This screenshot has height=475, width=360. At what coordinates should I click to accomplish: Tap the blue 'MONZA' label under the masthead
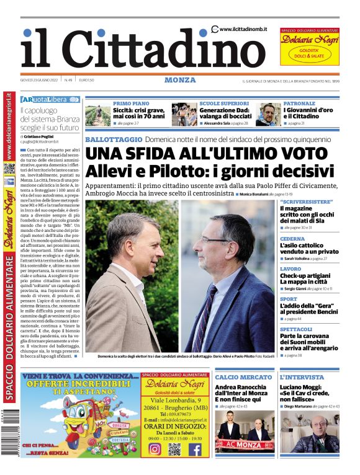(180, 80)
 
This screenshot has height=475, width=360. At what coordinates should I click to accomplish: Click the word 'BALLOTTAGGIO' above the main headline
(114, 140)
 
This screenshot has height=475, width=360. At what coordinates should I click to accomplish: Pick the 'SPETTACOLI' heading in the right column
(296, 329)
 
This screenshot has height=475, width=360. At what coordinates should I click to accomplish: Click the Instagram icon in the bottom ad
(154, 449)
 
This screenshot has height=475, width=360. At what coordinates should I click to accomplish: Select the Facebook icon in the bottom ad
(194, 449)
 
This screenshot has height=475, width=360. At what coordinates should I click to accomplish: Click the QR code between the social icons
(174, 449)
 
